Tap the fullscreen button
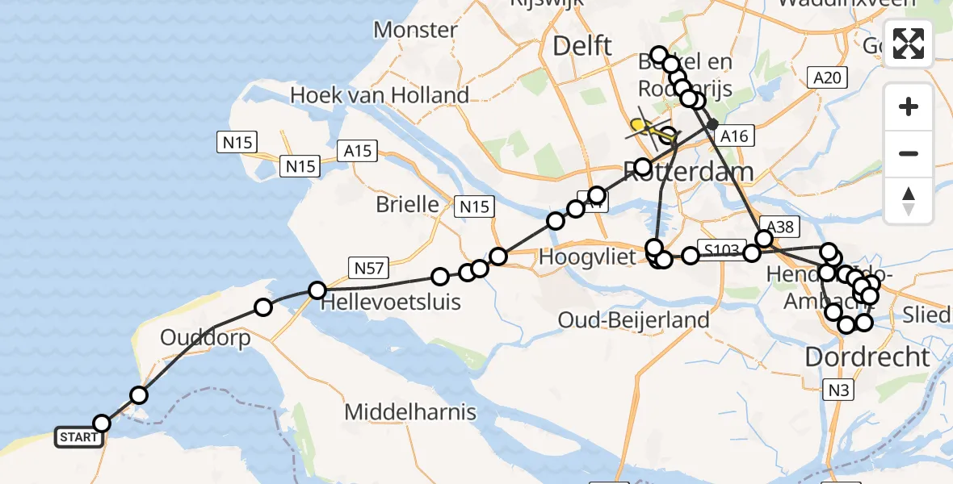[909, 44]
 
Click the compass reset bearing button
[909, 201]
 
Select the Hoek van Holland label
[379, 95]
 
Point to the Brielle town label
[407, 204]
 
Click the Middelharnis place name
[410, 412]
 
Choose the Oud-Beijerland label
[633, 319]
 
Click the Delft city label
[581, 47]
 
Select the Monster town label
[416, 31]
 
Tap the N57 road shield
[368, 266]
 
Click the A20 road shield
[829, 77]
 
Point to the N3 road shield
[838, 391]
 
